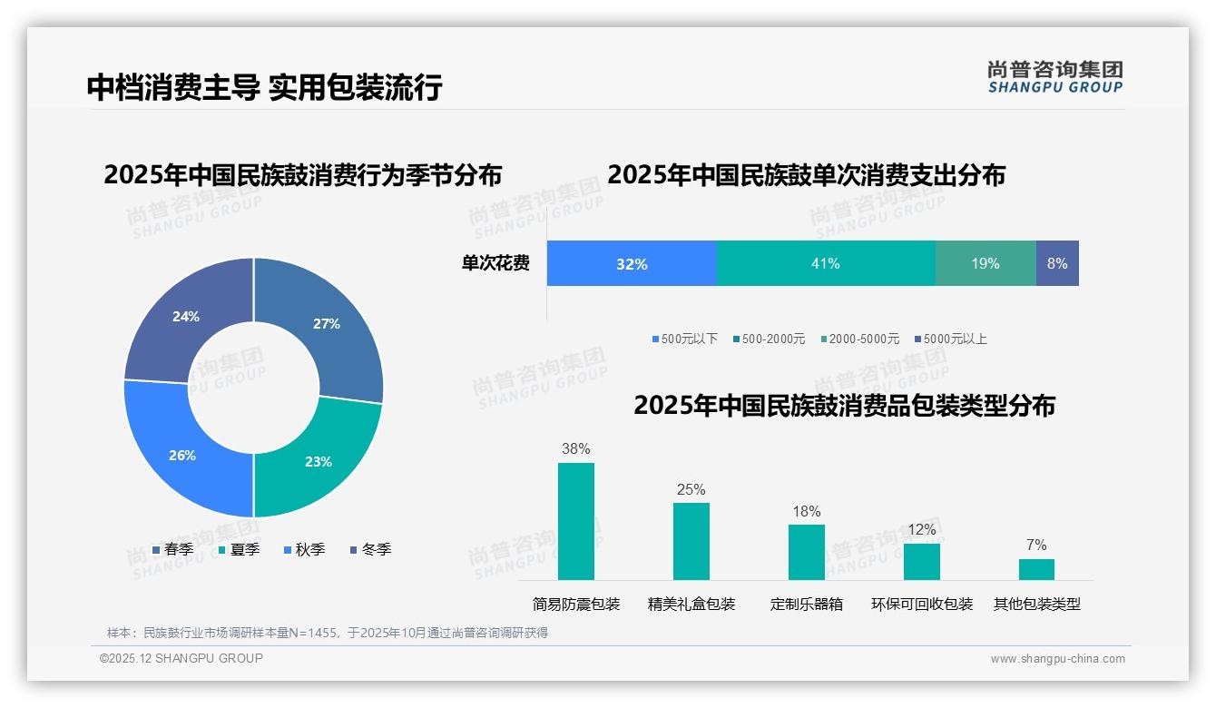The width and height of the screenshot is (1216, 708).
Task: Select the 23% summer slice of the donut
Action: (x=318, y=461)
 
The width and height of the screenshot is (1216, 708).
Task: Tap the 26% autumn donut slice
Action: (x=182, y=455)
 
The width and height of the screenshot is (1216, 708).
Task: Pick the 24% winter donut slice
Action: (x=186, y=317)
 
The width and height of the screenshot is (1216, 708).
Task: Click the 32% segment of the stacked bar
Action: (x=632, y=264)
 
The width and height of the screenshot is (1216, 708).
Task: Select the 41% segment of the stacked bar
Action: (x=826, y=264)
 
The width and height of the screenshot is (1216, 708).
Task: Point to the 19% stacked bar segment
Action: (x=986, y=264)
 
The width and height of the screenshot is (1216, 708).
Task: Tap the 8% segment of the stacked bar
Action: (x=1057, y=264)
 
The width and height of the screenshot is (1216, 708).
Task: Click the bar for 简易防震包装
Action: (x=576, y=522)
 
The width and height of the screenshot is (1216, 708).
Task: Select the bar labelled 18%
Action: (x=806, y=552)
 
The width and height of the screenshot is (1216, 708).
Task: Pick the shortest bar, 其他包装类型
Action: (x=1036, y=569)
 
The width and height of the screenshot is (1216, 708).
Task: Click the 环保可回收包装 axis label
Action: (x=922, y=605)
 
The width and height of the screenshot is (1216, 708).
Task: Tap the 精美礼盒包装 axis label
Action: (x=691, y=605)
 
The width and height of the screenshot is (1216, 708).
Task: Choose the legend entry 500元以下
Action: (x=684, y=339)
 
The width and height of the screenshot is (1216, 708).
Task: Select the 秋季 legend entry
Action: (x=304, y=550)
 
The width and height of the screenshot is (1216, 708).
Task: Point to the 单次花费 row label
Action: (x=495, y=264)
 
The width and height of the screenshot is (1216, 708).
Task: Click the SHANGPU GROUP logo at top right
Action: (x=1055, y=77)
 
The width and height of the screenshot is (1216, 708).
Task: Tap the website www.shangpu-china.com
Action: (x=1057, y=659)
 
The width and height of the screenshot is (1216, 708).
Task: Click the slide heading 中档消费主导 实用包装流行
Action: (x=264, y=87)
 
